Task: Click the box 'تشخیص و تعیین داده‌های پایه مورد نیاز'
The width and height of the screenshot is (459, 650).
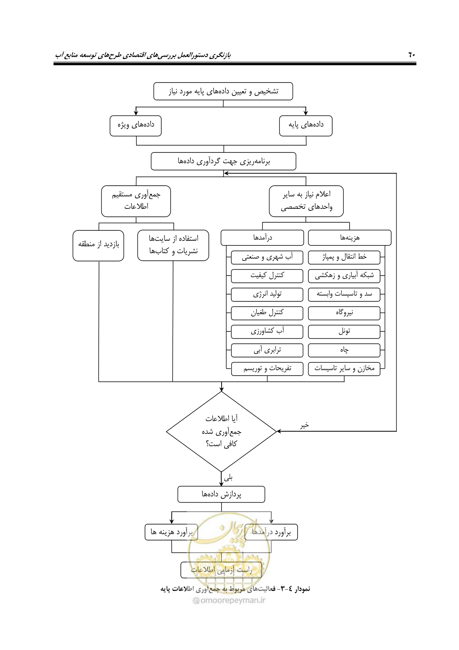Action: [223, 91]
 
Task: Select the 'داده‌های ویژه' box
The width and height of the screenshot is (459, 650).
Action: [136, 126]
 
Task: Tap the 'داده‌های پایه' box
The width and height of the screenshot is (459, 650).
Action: [306, 126]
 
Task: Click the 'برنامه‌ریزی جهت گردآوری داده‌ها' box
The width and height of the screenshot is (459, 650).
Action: [224, 161]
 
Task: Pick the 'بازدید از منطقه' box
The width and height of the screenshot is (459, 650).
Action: [99, 245]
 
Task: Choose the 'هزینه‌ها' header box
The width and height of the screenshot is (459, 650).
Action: [350, 238]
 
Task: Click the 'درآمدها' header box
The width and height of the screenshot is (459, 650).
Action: [262, 238]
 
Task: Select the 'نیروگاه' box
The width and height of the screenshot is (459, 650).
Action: [344, 313]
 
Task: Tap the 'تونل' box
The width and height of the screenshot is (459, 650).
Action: [344, 332]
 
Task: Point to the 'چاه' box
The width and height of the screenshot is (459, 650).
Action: [344, 350]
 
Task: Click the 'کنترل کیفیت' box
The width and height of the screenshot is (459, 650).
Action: [267, 276]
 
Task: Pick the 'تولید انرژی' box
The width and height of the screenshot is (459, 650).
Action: [267, 295]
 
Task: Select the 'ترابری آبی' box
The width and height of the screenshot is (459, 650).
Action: [267, 350]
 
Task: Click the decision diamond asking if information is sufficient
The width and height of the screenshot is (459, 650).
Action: [221, 432]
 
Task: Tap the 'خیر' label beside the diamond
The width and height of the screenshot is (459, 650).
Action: [304, 425]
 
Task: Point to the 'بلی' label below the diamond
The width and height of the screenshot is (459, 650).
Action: [228, 477]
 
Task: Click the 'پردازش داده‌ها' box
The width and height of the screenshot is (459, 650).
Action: [221, 494]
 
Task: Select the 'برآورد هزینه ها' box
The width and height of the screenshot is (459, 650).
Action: [171, 532]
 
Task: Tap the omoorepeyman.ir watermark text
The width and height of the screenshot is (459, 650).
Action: [229, 600]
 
